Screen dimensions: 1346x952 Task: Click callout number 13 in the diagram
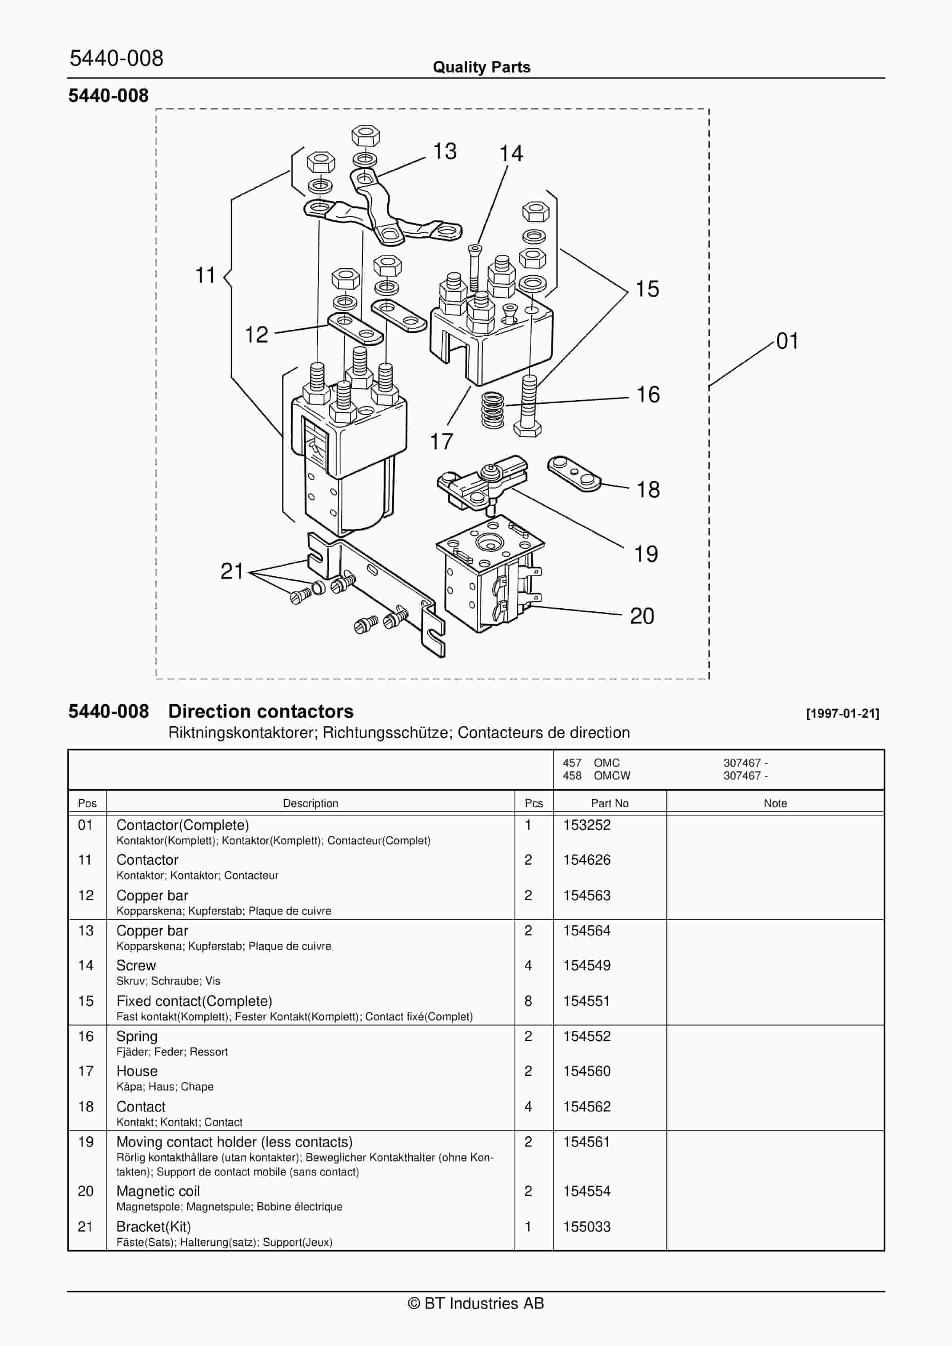point(444,151)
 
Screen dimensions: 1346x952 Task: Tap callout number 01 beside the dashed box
point(787,341)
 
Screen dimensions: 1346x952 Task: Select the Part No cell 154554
point(587,1191)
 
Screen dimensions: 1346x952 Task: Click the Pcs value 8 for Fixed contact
point(528,1001)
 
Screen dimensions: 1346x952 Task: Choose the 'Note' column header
point(775,803)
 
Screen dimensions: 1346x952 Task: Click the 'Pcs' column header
point(534,803)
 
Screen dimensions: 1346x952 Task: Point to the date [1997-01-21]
point(842,713)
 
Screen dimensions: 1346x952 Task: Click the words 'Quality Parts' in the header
point(481,67)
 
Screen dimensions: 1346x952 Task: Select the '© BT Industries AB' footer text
point(476,1303)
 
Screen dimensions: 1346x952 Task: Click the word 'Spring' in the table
point(136,1036)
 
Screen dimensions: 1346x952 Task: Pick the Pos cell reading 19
point(86,1142)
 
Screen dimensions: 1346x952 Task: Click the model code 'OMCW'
point(612,775)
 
